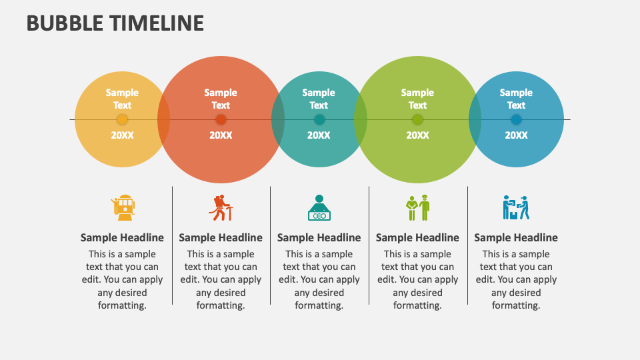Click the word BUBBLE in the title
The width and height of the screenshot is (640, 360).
click(63, 23)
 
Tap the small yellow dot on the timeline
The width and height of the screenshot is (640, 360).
click(122, 120)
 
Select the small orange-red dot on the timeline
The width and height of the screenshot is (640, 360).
click(221, 120)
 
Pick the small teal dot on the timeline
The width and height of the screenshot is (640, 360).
click(319, 120)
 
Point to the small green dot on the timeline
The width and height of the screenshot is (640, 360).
click(417, 120)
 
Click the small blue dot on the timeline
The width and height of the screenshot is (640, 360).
click(516, 120)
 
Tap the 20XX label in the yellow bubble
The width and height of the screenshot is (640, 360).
click(122, 135)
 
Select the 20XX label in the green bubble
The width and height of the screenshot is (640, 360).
click(417, 135)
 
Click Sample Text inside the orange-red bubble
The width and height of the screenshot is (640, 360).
click(221, 99)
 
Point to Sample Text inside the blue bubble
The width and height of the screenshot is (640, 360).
click(516, 99)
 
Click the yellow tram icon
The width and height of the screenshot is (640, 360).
click(123, 207)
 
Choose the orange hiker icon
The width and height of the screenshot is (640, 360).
click(221, 207)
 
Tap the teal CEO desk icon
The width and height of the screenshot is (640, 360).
click(319, 207)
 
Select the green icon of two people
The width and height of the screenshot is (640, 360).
click(417, 207)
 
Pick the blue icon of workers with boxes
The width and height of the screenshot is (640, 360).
click(515, 207)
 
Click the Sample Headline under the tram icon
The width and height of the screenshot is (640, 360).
click(122, 237)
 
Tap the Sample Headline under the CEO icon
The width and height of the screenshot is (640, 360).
click(319, 237)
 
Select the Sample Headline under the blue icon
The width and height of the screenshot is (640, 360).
click(516, 237)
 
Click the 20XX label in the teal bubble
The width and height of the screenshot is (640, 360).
click(319, 135)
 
